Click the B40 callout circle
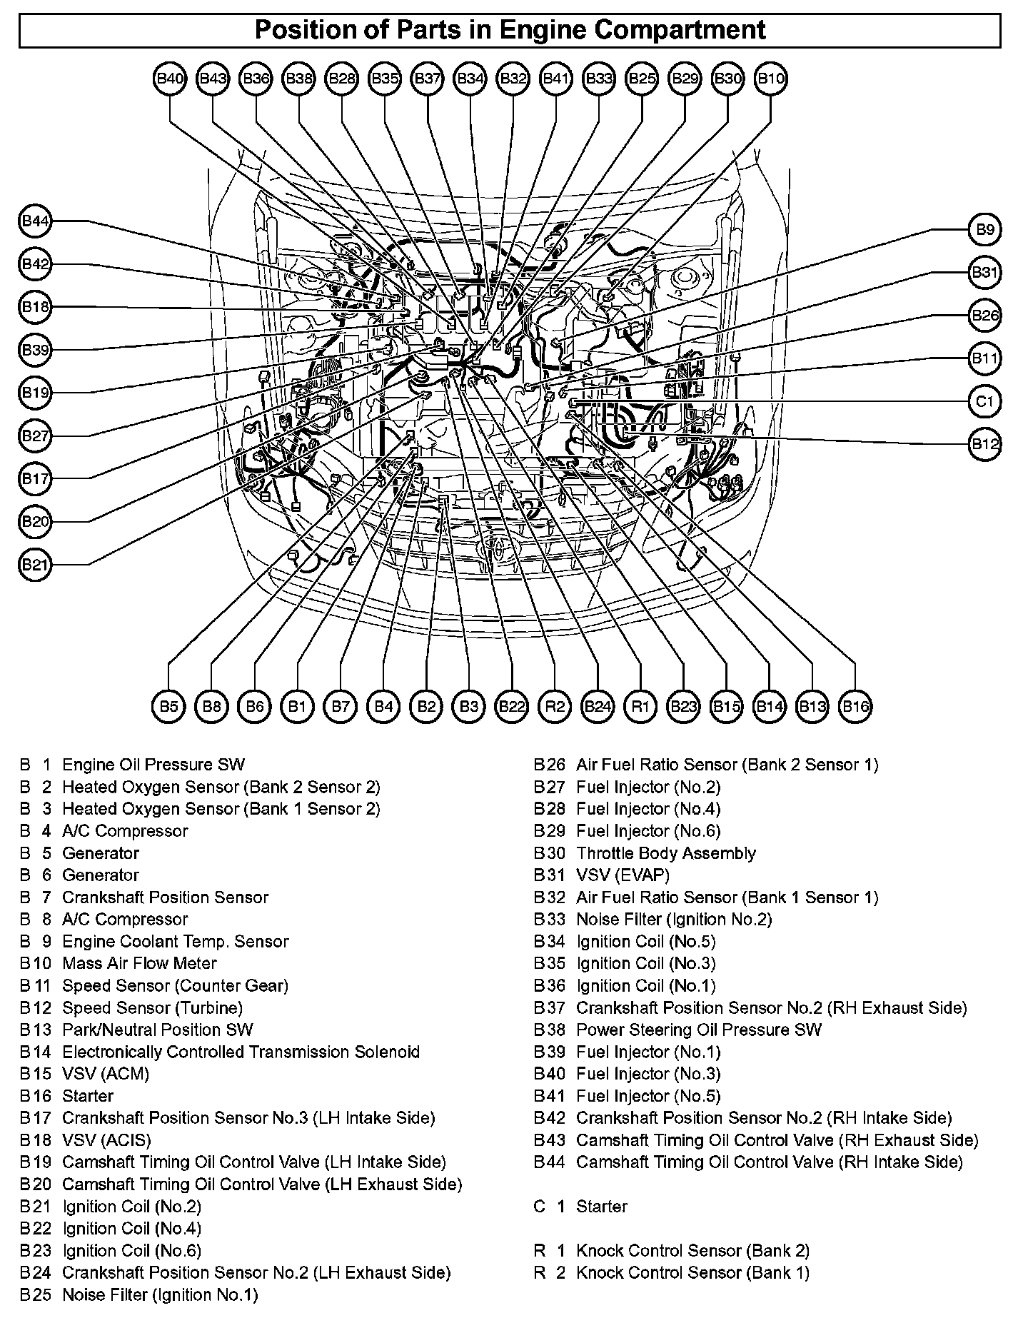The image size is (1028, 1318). (x=170, y=79)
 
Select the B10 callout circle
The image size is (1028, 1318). (x=771, y=79)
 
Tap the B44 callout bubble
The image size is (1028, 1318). (x=35, y=222)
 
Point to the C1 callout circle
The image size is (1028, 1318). (x=984, y=401)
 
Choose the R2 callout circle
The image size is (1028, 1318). (x=555, y=707)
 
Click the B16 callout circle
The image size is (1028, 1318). (x=855, y=707)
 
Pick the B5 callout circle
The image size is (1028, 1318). (x=168, y=707)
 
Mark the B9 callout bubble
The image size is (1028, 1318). (x=984, y=230)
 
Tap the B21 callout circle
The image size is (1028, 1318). (x=35, y=565)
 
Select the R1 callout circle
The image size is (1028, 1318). (x=640, y=707)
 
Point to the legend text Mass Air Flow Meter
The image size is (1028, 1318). (x=139, y=963)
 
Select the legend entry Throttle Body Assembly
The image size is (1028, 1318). (x=665, y=853)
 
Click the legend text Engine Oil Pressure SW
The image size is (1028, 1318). (x=153, y=765)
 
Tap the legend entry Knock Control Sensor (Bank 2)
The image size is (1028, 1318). (x=692, y=1250)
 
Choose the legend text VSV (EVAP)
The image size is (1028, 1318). (x=623, y=875)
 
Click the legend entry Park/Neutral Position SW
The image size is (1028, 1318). (x=158, y=1030)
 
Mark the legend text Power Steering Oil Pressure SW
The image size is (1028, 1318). (x=698, y=1030)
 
